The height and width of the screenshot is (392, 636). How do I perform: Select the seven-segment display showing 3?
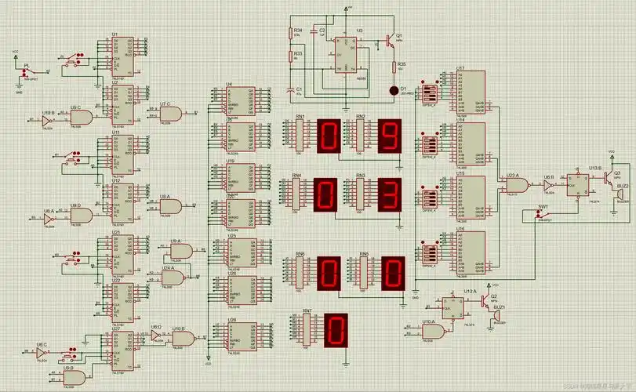pos(390,194)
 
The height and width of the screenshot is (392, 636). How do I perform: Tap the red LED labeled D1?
pos(394,90)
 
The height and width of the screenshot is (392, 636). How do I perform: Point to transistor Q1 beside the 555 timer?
pos(389,40)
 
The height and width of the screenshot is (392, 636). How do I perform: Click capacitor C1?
pos(292,90)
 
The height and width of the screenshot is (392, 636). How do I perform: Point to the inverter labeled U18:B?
pos(49,119)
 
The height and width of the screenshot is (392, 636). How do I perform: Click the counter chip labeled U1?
pos(123,50)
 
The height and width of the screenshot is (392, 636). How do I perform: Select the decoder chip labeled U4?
pos(238,99)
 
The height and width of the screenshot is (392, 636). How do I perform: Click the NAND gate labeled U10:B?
pos(184,337)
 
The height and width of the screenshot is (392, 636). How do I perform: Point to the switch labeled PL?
pos(25,72)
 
